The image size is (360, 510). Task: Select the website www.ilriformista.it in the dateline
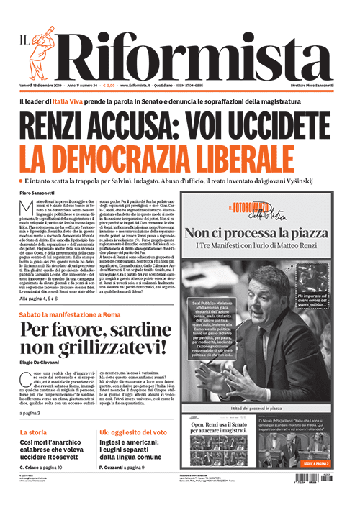pos(145,87)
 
